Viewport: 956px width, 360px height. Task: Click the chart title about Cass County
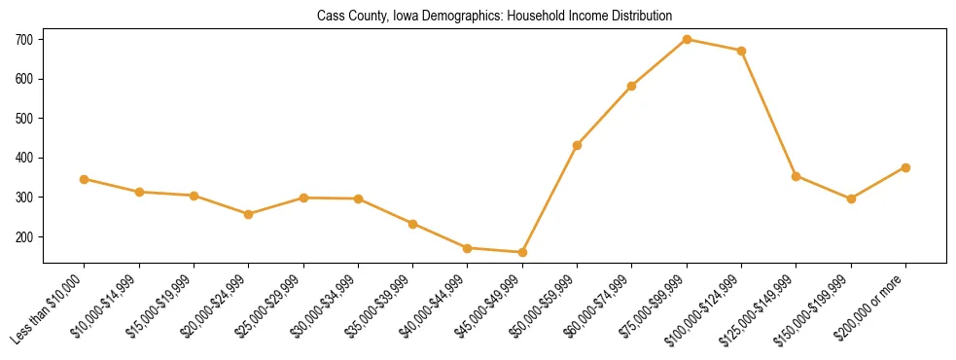click(494, 17)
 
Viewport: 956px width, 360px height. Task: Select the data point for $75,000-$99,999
click(687, 39)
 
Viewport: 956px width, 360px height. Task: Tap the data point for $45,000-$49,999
click(522, 252)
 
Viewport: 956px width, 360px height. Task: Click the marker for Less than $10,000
click(85, 179)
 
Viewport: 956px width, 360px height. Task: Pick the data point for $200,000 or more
click(905, 167)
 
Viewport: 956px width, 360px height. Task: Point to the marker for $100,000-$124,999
click(741, 51)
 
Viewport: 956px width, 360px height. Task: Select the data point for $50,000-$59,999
click(578, 145)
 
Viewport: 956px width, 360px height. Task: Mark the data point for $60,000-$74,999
click(632, 86)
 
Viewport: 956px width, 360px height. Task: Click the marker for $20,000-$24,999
click(249, 214)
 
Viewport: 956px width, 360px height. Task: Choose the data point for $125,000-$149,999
click(797, 176)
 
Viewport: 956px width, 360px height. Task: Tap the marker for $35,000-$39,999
click(413, 224)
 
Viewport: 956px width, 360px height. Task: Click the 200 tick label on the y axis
click(24, 236)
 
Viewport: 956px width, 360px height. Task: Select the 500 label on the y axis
click(24, 119)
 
